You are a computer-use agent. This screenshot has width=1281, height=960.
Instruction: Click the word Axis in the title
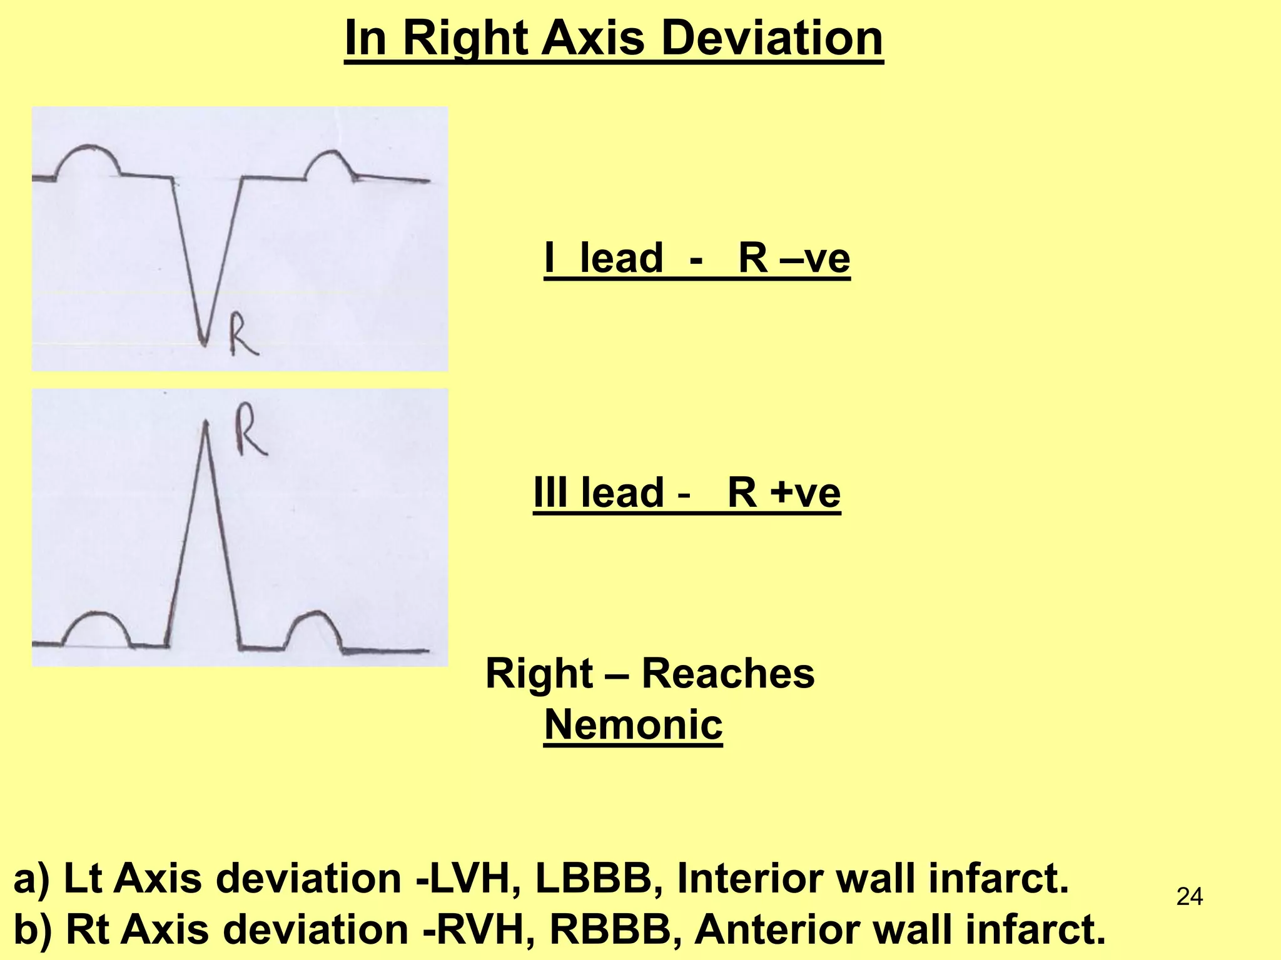pos(592,39)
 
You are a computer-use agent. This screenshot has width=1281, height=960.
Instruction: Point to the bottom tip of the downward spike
pos(202,343)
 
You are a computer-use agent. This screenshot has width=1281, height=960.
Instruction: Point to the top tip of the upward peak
pos(205,422)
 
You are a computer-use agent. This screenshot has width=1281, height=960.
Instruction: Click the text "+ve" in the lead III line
pos(805,492)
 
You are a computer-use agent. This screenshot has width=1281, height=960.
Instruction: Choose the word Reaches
pos(728,674)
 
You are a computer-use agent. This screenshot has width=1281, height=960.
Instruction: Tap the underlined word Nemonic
pos(633,724)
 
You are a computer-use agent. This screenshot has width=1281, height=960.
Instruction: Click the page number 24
pos(1189,897)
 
